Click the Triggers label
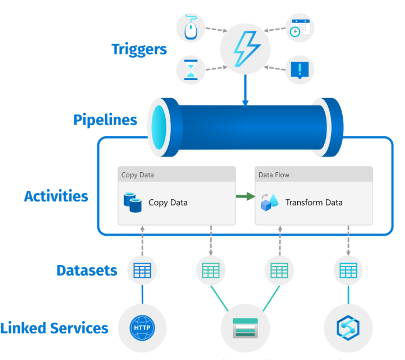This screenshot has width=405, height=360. point(139,49)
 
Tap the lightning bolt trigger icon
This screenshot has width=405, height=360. point(245,48)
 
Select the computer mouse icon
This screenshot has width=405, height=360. point(191,28)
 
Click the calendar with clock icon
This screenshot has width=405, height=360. point(300,28)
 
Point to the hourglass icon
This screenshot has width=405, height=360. point(191,70)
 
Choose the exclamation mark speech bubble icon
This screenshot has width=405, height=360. point(300,69)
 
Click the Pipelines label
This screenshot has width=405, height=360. point(105,120)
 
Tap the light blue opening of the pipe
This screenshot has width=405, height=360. point(159,127)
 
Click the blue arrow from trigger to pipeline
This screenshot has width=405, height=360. point(245,90)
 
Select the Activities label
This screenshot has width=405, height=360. point(56,196)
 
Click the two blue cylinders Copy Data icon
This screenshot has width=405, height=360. point(133,202)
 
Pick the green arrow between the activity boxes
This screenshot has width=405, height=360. point(245,197)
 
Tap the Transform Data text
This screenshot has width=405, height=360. point(314,202)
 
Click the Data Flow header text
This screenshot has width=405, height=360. point(274,175)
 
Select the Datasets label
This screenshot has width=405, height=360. point(87,270)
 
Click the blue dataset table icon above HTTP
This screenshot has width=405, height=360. point(142,270)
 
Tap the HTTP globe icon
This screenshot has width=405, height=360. point(142,328)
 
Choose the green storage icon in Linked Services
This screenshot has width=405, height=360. point(245,328)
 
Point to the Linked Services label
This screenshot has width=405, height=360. point(54,328)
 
